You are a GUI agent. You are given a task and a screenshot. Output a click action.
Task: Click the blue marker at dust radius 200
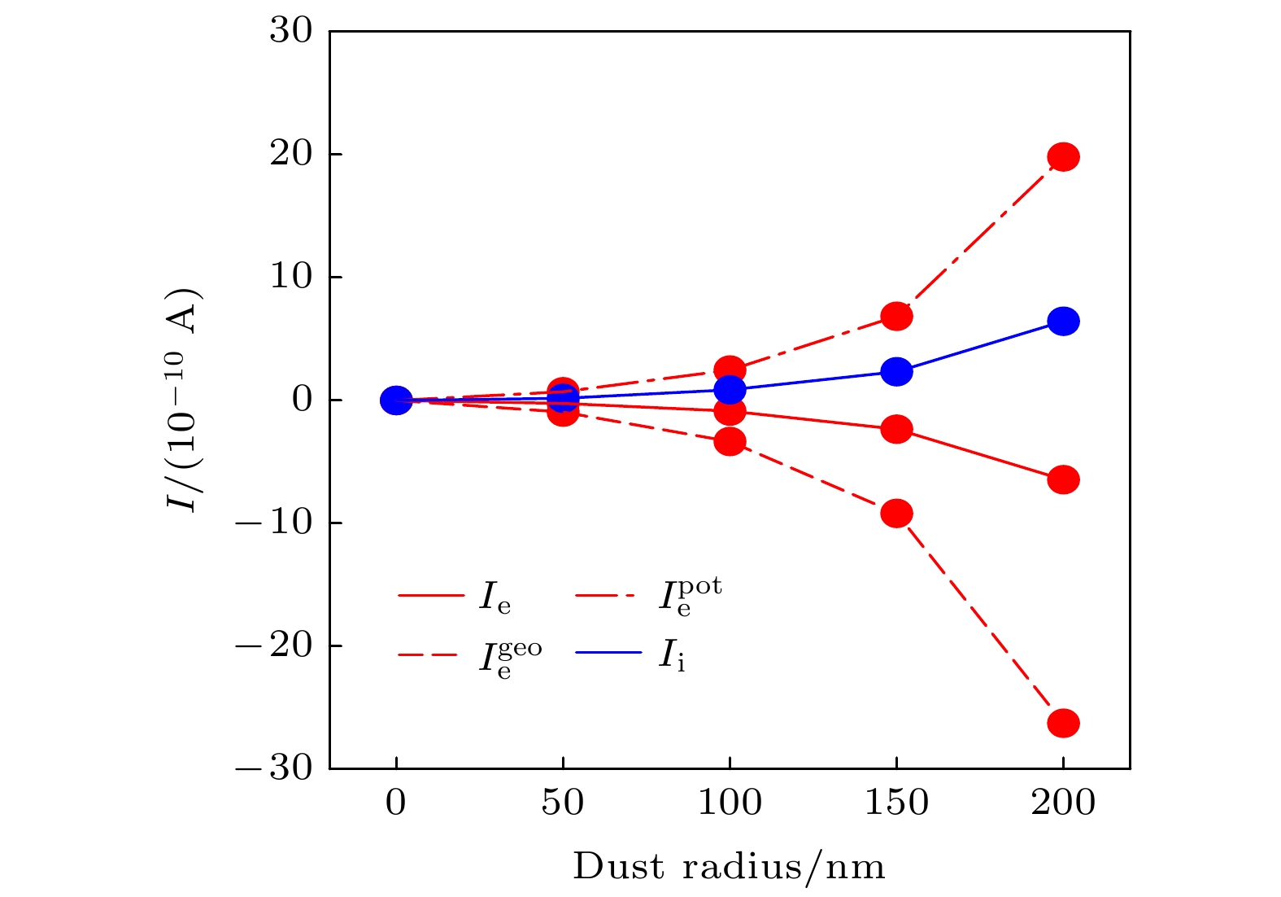click(1063, 322)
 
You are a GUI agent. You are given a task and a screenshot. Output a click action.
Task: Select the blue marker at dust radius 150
click(896, 372)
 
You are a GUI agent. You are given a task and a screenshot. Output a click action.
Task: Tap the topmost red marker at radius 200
click(1063, 156)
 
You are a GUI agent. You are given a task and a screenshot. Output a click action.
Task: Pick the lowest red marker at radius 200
click(1063, 723)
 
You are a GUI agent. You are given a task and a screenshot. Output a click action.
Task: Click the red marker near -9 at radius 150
click(896, 514)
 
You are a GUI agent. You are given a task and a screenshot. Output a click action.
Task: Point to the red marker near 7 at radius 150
click(896, 316)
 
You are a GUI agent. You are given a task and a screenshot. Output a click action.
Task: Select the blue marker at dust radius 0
click(396, 400)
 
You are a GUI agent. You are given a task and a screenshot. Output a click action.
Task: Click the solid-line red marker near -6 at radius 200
click(1063, 479)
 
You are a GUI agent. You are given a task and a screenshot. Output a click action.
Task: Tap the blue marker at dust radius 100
click(730, 390)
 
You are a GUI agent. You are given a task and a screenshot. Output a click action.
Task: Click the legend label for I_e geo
click(509, 658)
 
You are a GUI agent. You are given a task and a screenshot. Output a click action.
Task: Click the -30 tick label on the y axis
click(274, 768)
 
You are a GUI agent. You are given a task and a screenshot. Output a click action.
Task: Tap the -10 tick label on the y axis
click(274, 522)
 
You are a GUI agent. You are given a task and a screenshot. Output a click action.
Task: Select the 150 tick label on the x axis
click(896, 803)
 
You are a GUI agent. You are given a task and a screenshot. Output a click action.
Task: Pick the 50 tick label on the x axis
click(563, 803)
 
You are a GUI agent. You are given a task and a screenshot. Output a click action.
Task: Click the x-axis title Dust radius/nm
click(729, 867)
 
